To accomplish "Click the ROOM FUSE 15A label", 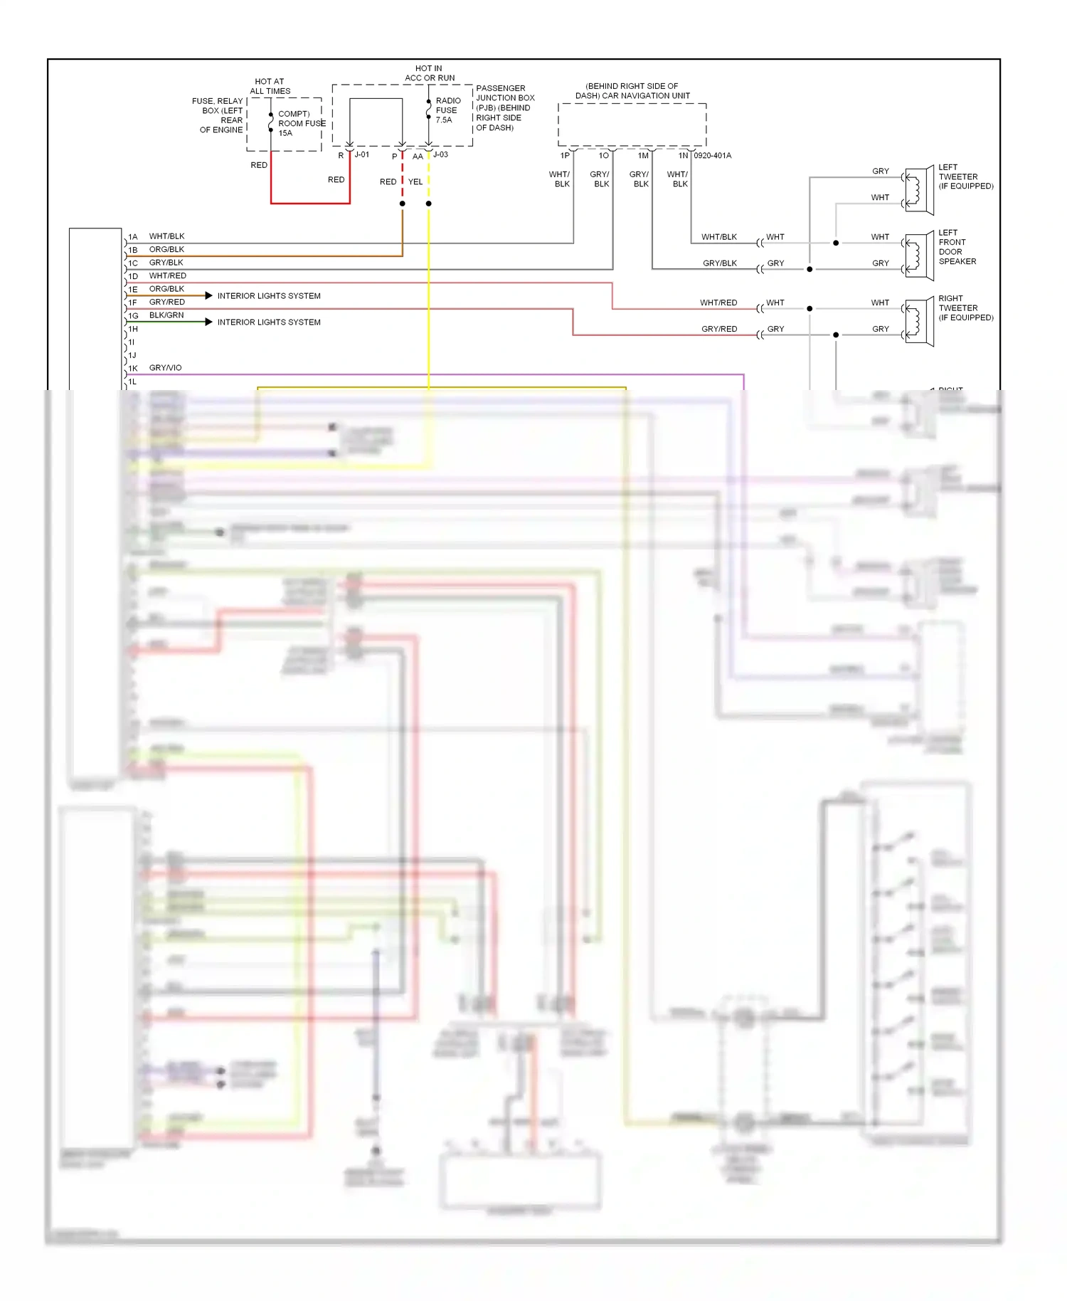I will pyautogui.click(x=301, y=123).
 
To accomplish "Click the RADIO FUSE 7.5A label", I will pyautogui.click(x=447, y=110).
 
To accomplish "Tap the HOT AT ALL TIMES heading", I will pyautogui.click(x=270, y=86).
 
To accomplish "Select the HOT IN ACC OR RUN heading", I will pyautogui.click(x=429, y=73).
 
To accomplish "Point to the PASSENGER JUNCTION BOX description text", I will pyautogui.click(x=504, y=108).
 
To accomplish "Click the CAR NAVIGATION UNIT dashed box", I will pyautogui.click(x=632, y=125).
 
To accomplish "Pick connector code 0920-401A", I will pyautogui.click(x=712, y=155).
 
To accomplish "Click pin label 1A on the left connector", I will pyautogui.click(x=133, y=237).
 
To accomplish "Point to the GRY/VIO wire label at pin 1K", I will pyautogui.click(x=165, y=368).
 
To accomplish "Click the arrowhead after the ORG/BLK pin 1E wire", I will pyautogui.click(x=208, y=295).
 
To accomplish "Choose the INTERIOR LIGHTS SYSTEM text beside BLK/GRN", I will pyautogui.click(x=269, y=322).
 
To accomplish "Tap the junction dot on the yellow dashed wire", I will pyautogui.click(x=428, y=204).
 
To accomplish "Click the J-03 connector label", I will pyautogui.click(x=440, y=154).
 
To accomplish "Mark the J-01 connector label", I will pyautogui.click(x=362, y=154).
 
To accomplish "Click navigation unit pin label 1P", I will pyautogui.click(x=565, y=155).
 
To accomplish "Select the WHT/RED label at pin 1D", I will pyautogui.click(x=167, y=275).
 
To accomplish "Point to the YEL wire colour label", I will pyautogui.click(x=415, y=182).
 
